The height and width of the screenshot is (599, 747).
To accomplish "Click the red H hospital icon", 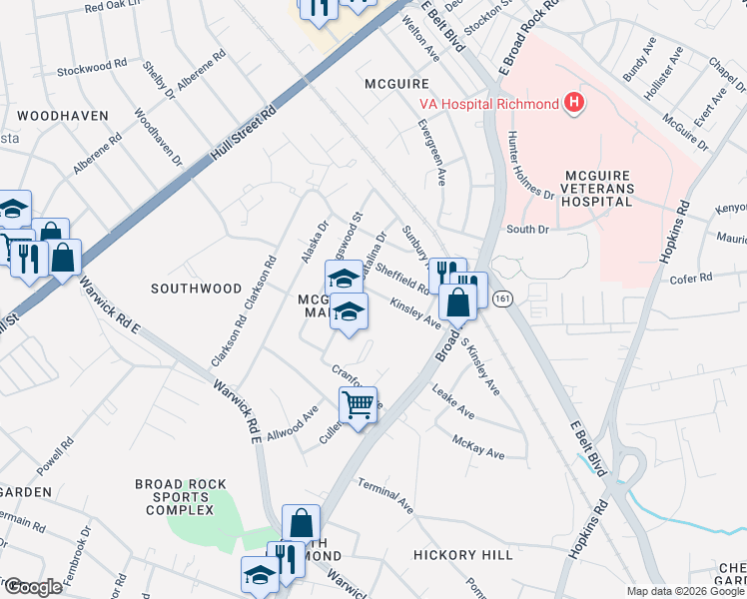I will [573, 102].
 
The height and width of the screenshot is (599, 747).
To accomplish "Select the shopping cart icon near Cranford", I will [358, 404].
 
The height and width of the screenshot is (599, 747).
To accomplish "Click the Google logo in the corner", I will [33, 586].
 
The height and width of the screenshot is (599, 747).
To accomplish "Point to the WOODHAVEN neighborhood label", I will [62, 116].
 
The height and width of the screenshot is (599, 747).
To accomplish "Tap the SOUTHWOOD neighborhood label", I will [196, 289].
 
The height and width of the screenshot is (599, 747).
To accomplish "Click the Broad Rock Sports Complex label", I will [175, 496].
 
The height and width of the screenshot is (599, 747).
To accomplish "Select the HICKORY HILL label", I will [462, 553].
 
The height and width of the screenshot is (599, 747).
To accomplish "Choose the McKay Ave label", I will [478, 446].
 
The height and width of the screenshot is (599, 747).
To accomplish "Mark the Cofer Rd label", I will [690, 279].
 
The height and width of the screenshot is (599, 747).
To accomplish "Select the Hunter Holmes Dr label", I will [529, 166].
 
